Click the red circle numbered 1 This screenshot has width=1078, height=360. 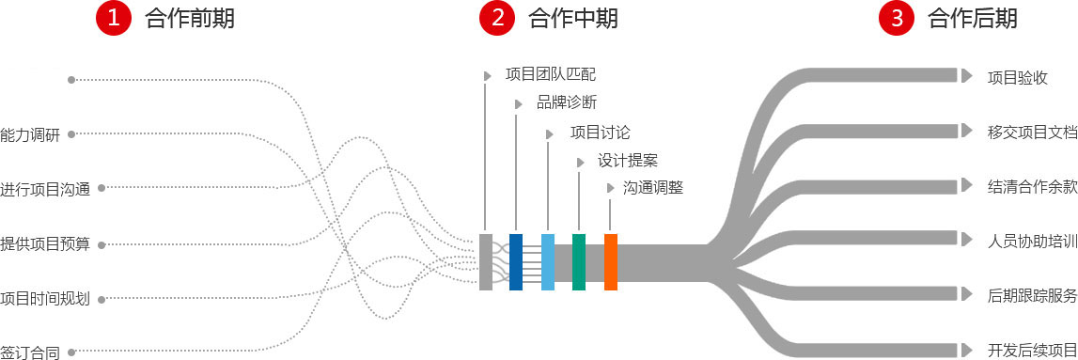[x=113, y=18]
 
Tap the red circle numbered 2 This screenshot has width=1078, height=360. [x=496, y=18]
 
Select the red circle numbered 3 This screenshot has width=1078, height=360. [x=896, y=18]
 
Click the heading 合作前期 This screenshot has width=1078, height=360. [x=190, y=18]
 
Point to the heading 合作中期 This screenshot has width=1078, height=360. [x=573, y=18]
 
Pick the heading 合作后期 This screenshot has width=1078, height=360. [x=973, y=18]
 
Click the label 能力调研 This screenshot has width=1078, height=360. [x=30, y=134]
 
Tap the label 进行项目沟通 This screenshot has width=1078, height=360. [x=45, y=189]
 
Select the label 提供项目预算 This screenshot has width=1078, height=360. [x=45, y=244]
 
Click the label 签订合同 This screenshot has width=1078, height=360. [x=30, y=353]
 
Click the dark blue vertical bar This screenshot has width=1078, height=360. [x=516, y=261]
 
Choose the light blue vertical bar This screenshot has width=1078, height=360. [x=548, y=261]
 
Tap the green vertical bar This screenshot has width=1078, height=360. [x=579, y=261]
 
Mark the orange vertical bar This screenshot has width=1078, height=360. [x=611, y=261]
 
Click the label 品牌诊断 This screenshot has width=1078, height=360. [x=566, y=102]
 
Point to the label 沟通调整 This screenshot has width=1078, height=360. [x=652, y=187]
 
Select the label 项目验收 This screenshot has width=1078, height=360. [x=1017, y=77]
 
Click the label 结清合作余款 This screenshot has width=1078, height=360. [x=1032, y=185]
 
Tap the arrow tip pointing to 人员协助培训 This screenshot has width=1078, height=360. [x=966, y=239]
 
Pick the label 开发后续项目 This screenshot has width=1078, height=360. [x=1032, y=349]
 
